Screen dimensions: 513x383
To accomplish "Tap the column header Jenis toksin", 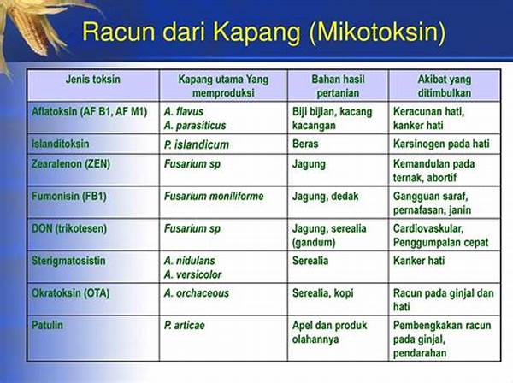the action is point(93,80).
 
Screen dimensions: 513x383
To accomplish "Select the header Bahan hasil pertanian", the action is point(338,86).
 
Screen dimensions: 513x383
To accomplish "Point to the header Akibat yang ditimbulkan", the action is point(445,86).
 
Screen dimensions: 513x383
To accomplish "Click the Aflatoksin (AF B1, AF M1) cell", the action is point(89,112).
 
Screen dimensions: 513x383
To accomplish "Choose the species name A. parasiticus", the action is point(195,126).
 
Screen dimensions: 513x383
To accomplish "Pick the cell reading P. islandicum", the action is point(197,144).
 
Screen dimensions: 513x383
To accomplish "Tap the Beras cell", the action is point(305,144).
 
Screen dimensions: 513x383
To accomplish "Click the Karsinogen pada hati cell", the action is point(441,144).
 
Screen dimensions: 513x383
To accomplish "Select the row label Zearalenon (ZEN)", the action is point(71,163).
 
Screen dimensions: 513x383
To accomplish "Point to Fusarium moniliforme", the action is point(214,197).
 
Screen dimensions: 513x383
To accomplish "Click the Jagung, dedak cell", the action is point(325,197).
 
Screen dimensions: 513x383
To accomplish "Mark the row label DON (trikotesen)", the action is point(69,228).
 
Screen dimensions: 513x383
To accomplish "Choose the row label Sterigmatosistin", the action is point(68,261).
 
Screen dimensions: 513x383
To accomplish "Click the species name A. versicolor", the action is point(192,274).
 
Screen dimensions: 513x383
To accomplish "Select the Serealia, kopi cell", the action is point(323,293).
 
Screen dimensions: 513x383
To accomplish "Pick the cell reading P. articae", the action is point(184,326).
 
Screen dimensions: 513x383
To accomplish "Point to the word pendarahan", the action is point(420,353).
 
